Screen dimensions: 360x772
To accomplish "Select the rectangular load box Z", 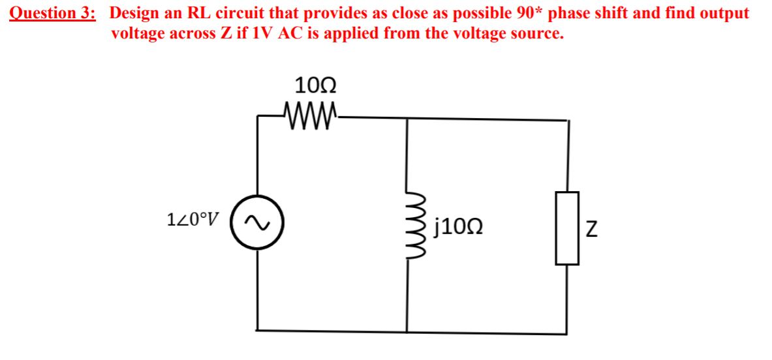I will pyautogui.click(x=567, y=228).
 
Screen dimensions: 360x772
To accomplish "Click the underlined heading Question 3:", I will pyautogui.click(x=53, y=13).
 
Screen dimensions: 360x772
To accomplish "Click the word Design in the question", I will pyautogui.click(x=137, y=13).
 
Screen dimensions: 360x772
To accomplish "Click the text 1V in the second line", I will pyautogui.click(x=259, y=33).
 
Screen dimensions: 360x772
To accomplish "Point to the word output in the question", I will pyautogui.click(x=724, y=14).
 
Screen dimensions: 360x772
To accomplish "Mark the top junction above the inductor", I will pyautogui.click(x=408, y=119).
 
